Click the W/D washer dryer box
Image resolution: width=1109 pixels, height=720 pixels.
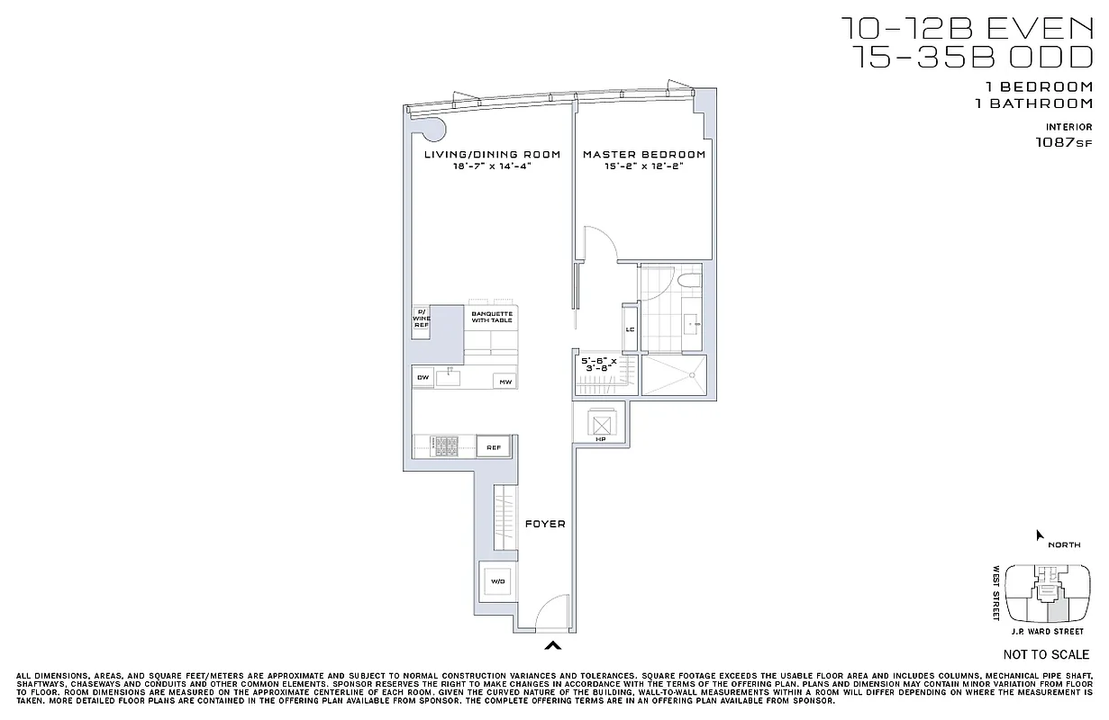click(496, 581)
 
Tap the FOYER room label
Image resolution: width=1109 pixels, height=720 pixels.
click(545, 524)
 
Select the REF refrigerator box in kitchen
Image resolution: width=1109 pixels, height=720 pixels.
click(493, 447)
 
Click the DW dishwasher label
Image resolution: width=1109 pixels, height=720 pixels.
click(422, 378)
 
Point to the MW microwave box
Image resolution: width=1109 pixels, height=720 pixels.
click(505, 382)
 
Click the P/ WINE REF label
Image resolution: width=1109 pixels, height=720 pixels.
click(422, 318)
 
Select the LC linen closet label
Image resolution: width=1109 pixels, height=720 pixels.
click(630, 329)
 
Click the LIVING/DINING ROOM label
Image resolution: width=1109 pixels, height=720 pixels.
click(492, 155)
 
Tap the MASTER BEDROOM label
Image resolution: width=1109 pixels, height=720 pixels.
click(643, 155)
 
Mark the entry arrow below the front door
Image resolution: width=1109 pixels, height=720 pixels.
click(553, 644)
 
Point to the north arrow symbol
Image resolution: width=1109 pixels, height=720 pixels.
click(1040, 535)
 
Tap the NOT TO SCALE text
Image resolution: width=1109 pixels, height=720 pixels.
click(1045, 654)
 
